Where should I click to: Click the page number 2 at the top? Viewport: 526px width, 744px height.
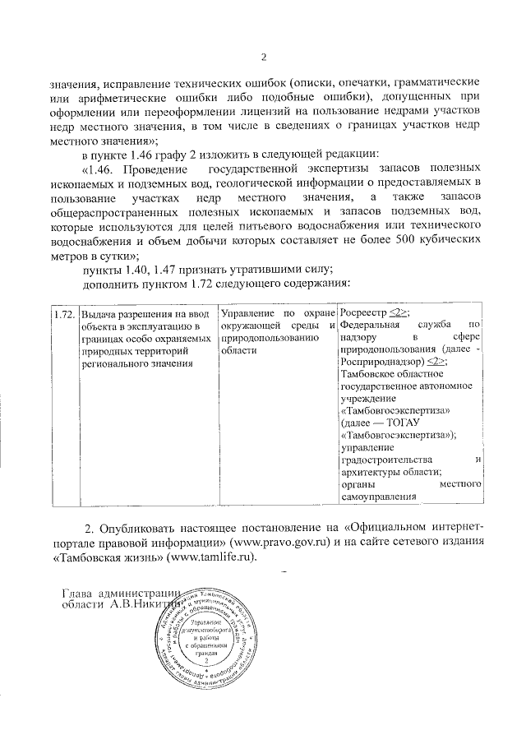(264, 57)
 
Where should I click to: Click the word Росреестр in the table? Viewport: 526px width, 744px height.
(365, 313)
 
